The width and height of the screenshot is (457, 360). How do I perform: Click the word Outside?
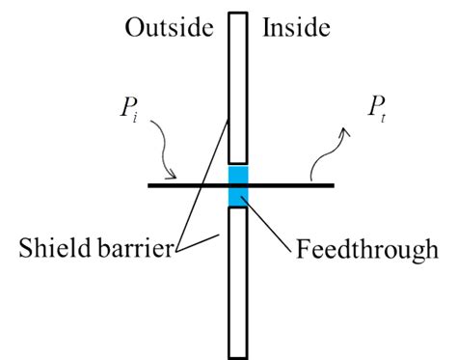168,27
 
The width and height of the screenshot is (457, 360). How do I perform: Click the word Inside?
297,27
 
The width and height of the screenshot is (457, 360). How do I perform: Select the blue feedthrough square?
238,184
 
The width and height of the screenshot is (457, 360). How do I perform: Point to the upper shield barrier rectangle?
238,87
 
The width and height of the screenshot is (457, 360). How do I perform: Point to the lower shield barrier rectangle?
238,280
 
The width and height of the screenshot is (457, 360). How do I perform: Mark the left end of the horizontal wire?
150,184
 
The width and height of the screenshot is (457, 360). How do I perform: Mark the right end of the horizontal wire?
333,184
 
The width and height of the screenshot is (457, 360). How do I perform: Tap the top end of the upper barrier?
238,14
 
